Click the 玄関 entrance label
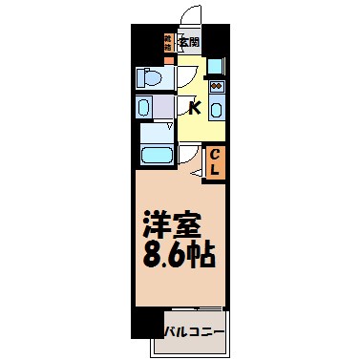(x=189, y=42)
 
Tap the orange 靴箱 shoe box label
(x=168, y=41)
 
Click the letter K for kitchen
(x=194, y=107)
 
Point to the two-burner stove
(x=216, y=89)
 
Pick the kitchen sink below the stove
(x=216, y=108)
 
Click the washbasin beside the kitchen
(x=146, y=107)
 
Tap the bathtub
(x=154, y=156)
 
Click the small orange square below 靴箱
(x=168, y=58)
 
